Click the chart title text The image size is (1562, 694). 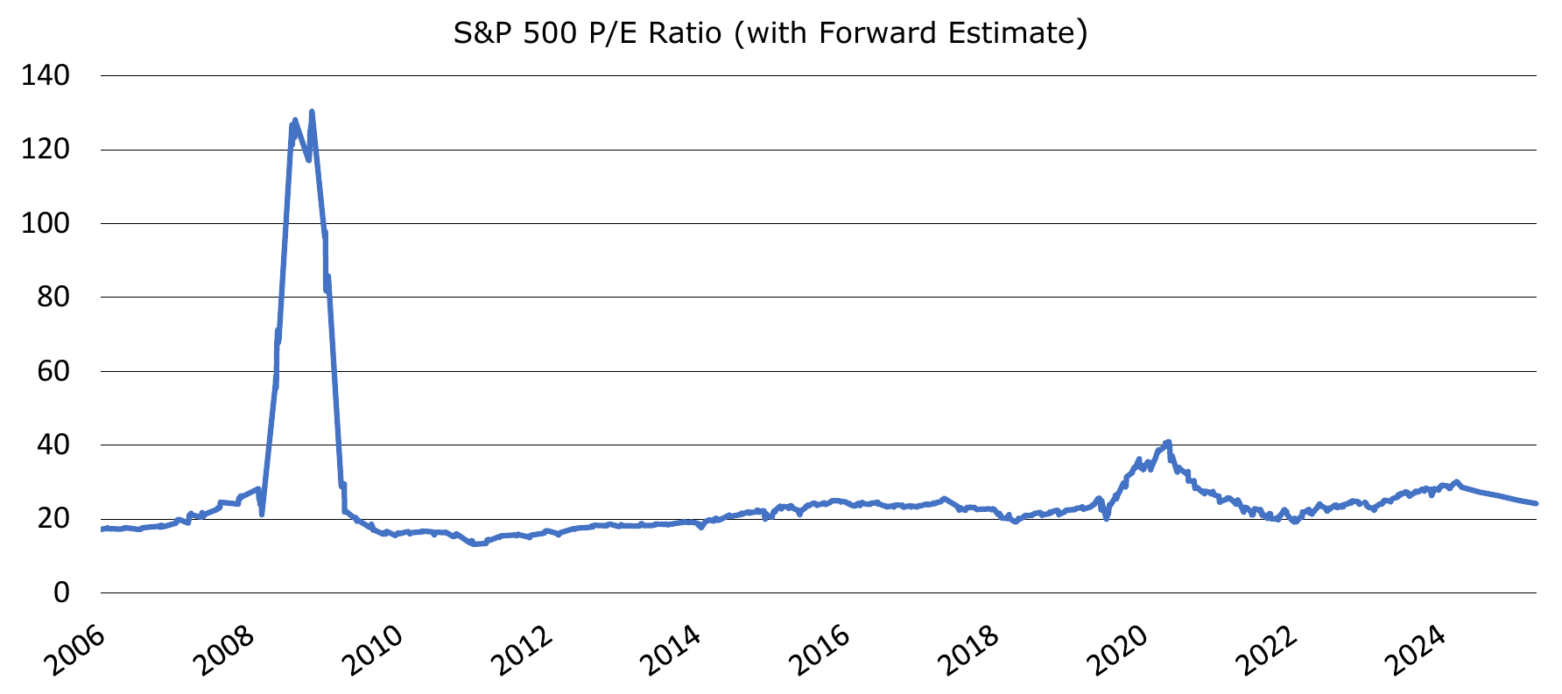(770, 33)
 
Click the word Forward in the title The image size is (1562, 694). (876, 33)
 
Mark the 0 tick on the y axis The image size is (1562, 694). (61, 592)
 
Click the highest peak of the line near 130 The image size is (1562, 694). (312, 112)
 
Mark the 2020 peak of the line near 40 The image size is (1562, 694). (1168, 443)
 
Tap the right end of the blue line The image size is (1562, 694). (1536, 503)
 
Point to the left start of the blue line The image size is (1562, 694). (102, 529)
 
